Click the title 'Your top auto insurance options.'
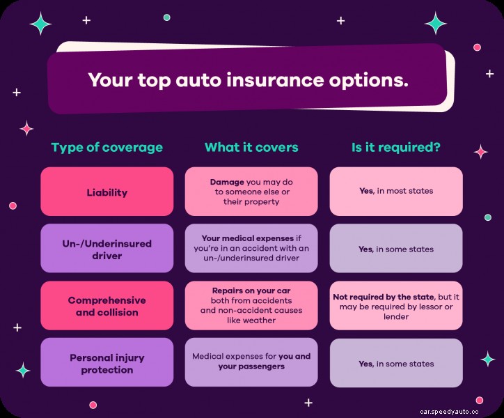point(248,79)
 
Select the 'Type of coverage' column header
point(107,148)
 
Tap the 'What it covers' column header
point(251,148)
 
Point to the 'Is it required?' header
point(395,148)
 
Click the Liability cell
point(107,191)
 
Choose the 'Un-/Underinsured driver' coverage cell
point(107,249)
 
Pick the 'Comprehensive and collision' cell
point(107,306)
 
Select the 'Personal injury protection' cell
point(107,363)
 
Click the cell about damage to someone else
point(251,192)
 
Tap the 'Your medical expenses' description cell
point(251,249)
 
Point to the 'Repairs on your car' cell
point(251,305)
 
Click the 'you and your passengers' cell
point(251,362)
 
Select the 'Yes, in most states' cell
point(396,191)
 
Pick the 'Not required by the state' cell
point(396,306)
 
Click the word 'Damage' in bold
point(228,182)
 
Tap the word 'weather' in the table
point(260,320)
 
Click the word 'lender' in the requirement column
point(396,316)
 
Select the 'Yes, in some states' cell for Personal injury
point(396,363)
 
